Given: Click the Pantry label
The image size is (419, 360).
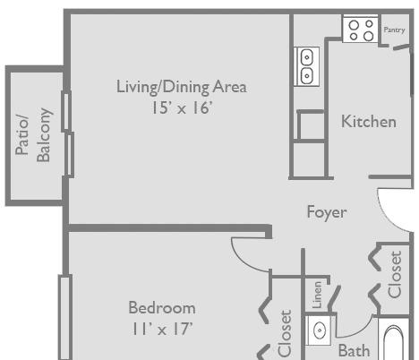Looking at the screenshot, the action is (x=394, y=30).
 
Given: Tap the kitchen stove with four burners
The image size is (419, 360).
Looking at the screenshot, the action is (x=361, y=30).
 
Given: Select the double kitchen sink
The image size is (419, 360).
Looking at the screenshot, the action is (x=306, y=66).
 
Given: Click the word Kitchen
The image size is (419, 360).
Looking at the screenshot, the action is (x=369, y=122).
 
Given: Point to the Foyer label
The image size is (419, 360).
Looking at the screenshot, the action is (x=327, y=212).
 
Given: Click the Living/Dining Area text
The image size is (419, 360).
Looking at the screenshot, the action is (x=182, y=87).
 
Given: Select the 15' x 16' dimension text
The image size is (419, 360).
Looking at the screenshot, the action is (x=183, y=107).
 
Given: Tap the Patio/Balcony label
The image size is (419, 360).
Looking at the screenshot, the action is (x=33, y=135).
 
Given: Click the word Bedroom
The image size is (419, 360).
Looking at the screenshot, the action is (x=162, y=307).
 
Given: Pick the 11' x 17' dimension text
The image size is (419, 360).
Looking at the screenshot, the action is (x=162, y=329).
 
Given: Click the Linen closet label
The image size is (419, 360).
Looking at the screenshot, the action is (x=317, y=295).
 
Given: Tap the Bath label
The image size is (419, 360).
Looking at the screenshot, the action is (x=354, y=350).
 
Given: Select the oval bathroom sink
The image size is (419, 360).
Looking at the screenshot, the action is (x=319, y=330).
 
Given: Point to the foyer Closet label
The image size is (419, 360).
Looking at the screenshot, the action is (x=395, y=275).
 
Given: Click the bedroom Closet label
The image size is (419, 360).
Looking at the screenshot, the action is (x=285, y=333).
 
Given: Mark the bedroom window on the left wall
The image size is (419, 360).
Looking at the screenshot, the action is (x=65, y=317).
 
